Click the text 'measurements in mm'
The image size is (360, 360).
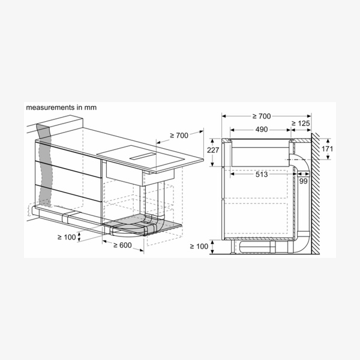click(61, 107)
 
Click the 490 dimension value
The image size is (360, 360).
click(262, 130)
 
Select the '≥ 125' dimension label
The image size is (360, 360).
click(301, 124)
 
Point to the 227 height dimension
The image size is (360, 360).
click(213, 150)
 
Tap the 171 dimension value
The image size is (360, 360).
click(327, 149)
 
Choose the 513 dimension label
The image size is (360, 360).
click(262, 175)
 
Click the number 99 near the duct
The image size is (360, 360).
click(303, 181)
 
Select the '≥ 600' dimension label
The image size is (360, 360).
click(122, 245)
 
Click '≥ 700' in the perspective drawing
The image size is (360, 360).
click(179, 136)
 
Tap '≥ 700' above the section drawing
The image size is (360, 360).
click(262, 116)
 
